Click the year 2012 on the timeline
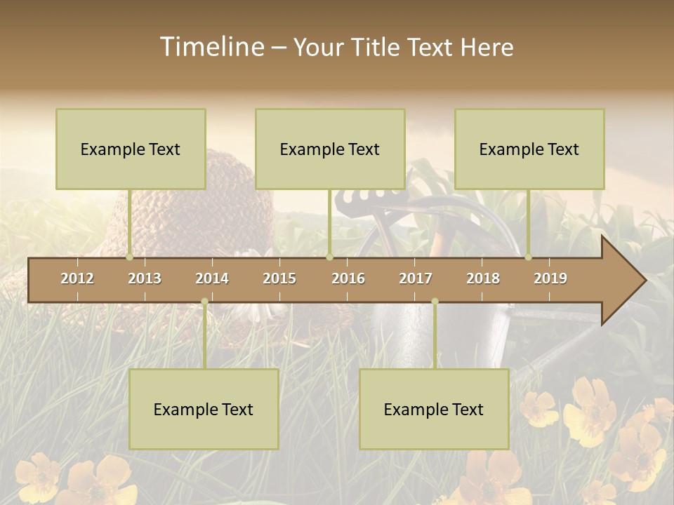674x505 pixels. [77, 278]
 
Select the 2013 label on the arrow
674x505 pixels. [145, 278]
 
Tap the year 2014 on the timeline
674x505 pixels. [212, 278]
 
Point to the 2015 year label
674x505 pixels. [279, 278]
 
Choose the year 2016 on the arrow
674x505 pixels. [348, 278]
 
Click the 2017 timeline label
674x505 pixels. [416, 278]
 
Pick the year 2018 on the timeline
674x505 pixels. [483, 278]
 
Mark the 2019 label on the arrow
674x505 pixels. [550, 278]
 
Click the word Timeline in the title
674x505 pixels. [211, 47]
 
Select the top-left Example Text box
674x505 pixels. [131, 149]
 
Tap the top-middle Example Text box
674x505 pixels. [330, 149]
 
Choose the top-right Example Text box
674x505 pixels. [529, 149]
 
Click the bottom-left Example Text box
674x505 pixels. [204, 409]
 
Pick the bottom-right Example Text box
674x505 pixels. [434, 409]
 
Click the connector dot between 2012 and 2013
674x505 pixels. [130, 257]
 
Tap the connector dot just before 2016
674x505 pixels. [329, 257]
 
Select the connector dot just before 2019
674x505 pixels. [529, 257]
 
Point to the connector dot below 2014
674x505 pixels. [204, 302]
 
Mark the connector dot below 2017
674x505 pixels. [435, 302]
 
